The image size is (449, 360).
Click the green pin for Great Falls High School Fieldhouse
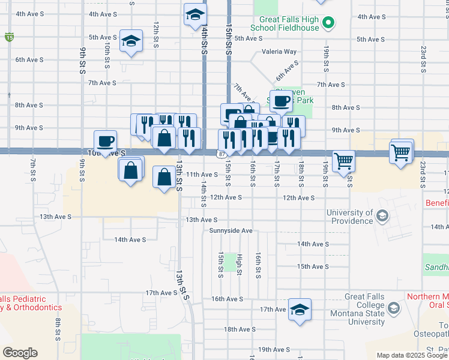pyautogui.click(x=328, y=24)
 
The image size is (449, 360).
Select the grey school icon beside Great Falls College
pyautogui.click(x=394, y=309)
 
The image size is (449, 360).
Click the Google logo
pyautogui.click(x=20, y=353)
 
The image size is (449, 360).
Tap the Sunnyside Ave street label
pyautogui.click(x=231, y=230)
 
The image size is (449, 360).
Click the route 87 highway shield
pyautogui.click(x=222, y=154)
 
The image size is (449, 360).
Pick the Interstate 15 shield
pyautogui.click(x=9, y=37)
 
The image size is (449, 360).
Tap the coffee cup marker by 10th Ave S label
pyautogui.click(x=106, y=142)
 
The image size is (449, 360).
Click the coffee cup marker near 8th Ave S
pyautogui.click(x=280, y=101)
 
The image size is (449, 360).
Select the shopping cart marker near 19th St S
pyautogui.click(x=344, y=161)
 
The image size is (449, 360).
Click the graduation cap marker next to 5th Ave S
pyautogui.click(x=131, y=41)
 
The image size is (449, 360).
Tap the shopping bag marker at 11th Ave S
pyautogui.click(x=164, y=177)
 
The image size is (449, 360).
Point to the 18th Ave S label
pyautogui.click(x=240, y=329)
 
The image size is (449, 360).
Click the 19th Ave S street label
pyautogui.click(x=274, y=349)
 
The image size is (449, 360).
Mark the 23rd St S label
pyautogui.click(x=424, y=56)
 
